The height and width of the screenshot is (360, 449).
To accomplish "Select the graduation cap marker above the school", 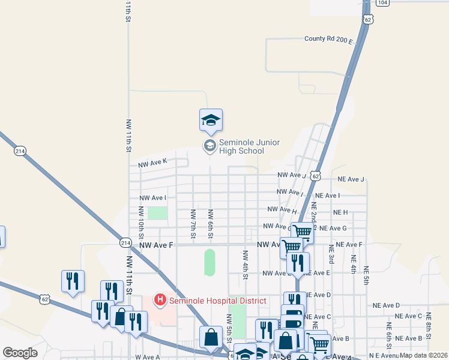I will tap(211, 119).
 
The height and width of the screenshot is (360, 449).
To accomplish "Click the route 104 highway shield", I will tap(384, 2).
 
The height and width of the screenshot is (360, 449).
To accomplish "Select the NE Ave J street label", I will tap(351, 179).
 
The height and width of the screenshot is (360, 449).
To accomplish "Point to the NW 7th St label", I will tap(193, 223).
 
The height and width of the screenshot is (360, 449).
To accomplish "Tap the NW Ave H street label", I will tap(282, 209).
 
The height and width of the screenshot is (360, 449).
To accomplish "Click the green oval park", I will tap(209, 262).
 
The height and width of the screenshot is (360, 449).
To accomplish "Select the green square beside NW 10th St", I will tap(158, 213).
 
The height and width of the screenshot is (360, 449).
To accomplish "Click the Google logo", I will tap(20, 352).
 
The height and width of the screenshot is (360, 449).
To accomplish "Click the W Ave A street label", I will tap(147, 357).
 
